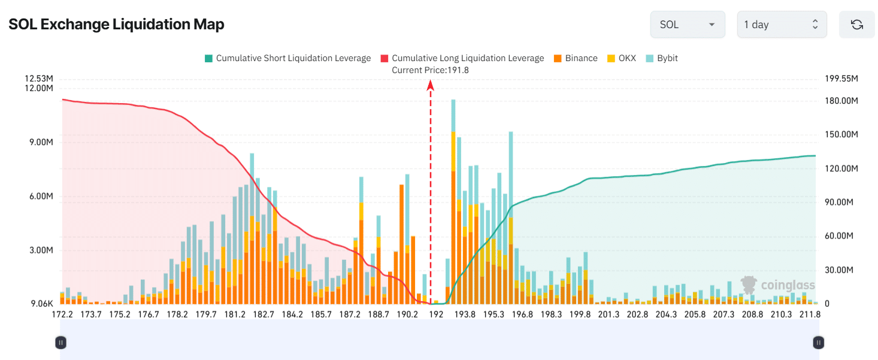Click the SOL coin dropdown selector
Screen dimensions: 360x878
(687, 25)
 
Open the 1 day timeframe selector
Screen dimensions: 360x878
(781, 25)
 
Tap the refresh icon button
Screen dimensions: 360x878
(856, 25)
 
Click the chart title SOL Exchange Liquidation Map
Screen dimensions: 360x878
(116, 25)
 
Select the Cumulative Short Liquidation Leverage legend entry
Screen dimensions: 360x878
(287, 58)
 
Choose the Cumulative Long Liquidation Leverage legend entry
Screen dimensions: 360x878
(462, 58)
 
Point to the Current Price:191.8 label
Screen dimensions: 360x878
(430, 70)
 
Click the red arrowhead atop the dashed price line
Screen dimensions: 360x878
(430, 86)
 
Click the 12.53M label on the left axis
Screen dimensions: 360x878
(39, 78)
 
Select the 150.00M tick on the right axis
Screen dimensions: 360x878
(841, 134)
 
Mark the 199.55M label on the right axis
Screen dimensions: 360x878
(841, 78)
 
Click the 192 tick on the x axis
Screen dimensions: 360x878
(436, 314)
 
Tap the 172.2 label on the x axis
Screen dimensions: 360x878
(62, 314)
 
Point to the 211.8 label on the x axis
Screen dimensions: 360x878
(809, 314)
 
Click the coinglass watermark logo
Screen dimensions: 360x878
(777, 285)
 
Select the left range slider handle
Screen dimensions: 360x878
(60, 343)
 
